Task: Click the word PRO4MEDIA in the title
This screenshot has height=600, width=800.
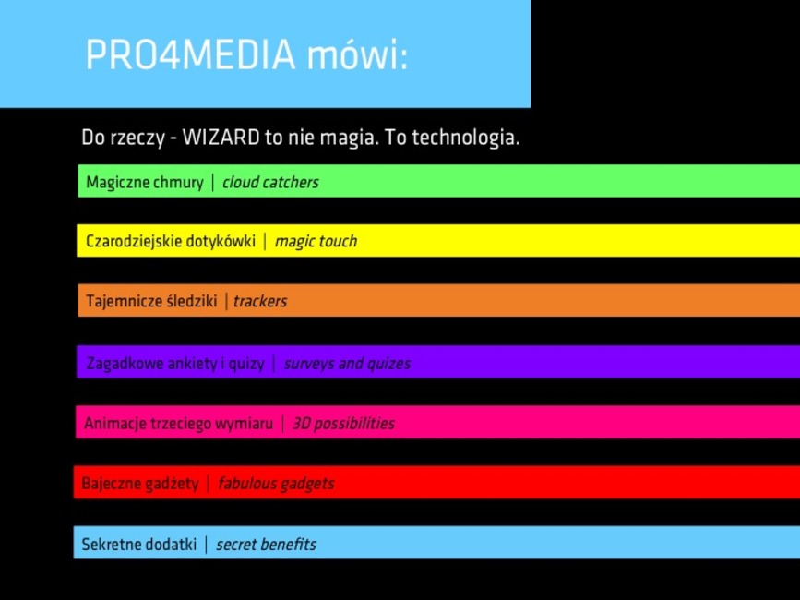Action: point(190,54)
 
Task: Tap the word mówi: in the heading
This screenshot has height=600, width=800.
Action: point(357,54)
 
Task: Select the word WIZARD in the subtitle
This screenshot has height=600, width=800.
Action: point(221,138)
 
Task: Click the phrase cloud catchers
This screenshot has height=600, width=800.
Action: point(270,182)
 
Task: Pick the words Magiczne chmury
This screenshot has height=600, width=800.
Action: point(145,182)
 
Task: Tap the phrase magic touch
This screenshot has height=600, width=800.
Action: point(316,241)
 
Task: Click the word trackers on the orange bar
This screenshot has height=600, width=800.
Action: point(260,301)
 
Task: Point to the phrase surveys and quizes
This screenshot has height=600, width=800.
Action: point(347,364)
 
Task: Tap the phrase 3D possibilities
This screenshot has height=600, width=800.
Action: point(343,424)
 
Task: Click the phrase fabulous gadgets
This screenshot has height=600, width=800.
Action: point(276,483)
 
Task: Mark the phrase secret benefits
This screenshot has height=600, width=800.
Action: point(266,544)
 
